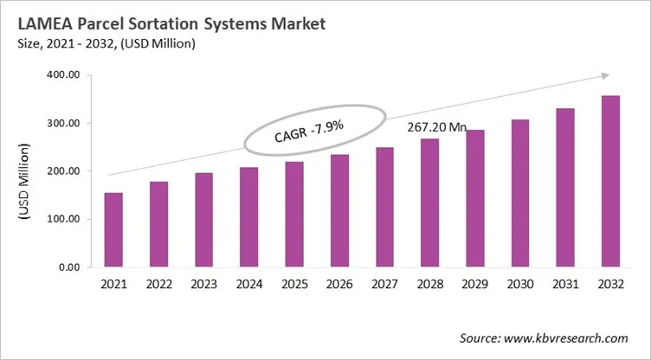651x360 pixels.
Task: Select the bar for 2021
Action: pyautogui.click(x=114, y=230)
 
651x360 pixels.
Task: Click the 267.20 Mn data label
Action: pyautogui.click(x=437, y=127)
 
